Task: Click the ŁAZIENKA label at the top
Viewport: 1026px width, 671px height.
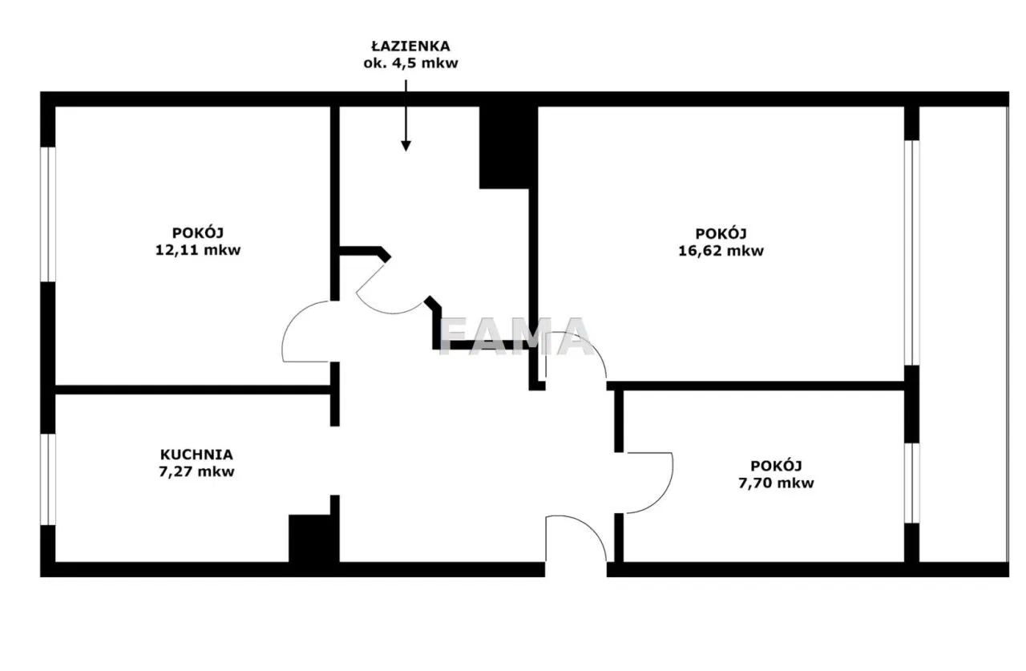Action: click(410, 46)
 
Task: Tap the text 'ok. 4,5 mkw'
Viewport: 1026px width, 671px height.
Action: click(410, 63)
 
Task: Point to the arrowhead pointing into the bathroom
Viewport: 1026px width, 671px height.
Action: click(406, 145)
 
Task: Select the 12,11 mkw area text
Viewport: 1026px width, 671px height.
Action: click(198, 250)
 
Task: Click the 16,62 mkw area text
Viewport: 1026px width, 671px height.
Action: click(721, 251)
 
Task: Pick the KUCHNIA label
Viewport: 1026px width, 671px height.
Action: click(196, 455)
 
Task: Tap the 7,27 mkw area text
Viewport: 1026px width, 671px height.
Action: click(196, 471)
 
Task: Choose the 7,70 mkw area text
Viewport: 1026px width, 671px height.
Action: click(777, 483)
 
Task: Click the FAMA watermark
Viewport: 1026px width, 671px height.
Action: click(515, 337)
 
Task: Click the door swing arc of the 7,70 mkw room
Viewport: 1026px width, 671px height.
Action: click(664, 495)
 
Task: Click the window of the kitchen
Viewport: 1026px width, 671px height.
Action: click(47, 479)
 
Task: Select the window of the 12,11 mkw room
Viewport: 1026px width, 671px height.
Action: click(47, 214)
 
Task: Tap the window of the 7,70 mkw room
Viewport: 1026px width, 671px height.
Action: click(911, 483)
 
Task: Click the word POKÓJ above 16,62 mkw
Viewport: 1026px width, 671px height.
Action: click(721, 233)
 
